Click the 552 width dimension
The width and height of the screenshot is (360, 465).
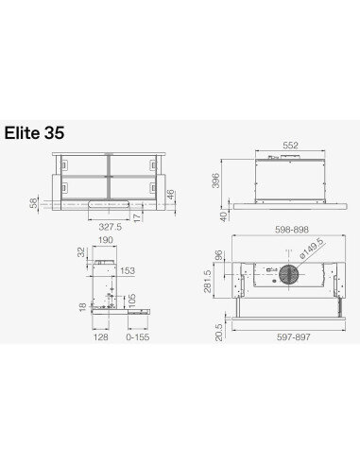[290, 146]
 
